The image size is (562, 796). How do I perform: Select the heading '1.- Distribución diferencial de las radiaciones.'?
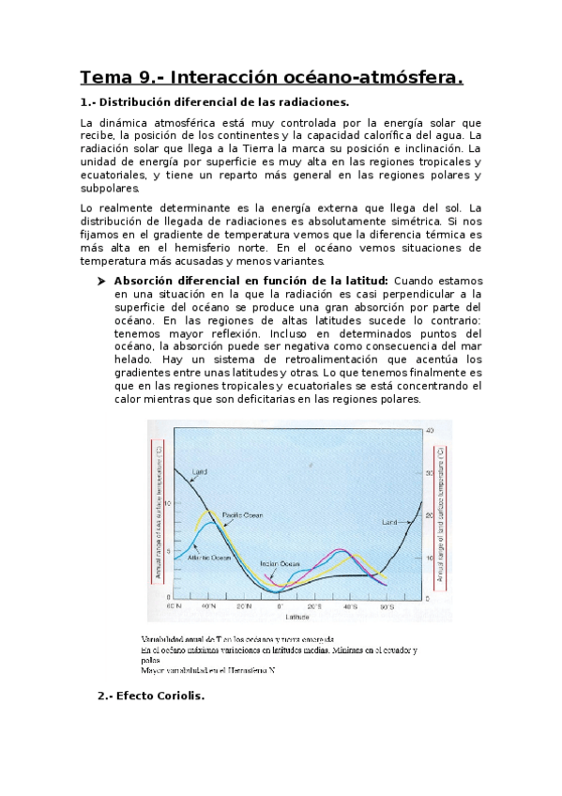point(215,101)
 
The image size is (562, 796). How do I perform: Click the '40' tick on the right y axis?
point(429,430)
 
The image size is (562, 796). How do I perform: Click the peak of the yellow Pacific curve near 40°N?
point(212,512)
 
